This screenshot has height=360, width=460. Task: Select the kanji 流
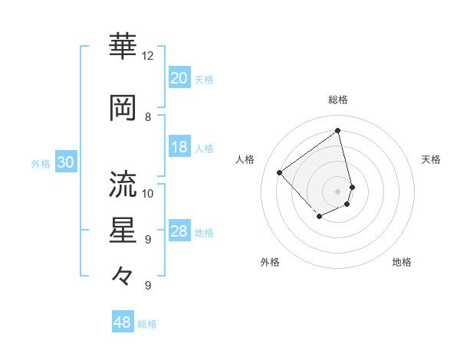click(123, 184)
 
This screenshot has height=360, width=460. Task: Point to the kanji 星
click(123, 230)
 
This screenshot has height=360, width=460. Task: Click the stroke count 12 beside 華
click(148, 56)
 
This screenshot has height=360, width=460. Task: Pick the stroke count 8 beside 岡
click(148, 117)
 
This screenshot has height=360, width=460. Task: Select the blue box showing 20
click(179, 78)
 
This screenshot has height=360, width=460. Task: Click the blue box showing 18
click(179, 147)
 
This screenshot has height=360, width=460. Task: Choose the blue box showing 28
click(179, 231)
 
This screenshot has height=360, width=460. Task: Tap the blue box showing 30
click(65, 163)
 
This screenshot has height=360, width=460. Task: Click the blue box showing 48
click(123, 322)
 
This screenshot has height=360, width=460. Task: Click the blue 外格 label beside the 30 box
click(41, 164)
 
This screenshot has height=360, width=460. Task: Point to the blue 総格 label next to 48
click(147, 324)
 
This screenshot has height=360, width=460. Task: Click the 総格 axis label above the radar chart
click(338, 100)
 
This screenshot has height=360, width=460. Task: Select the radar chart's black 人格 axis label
click(245, 159)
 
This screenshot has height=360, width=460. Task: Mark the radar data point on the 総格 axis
click(338, 130)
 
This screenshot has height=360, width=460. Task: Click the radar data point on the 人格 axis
click(281, 172)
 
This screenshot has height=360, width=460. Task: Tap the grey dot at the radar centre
click(338, 191)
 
